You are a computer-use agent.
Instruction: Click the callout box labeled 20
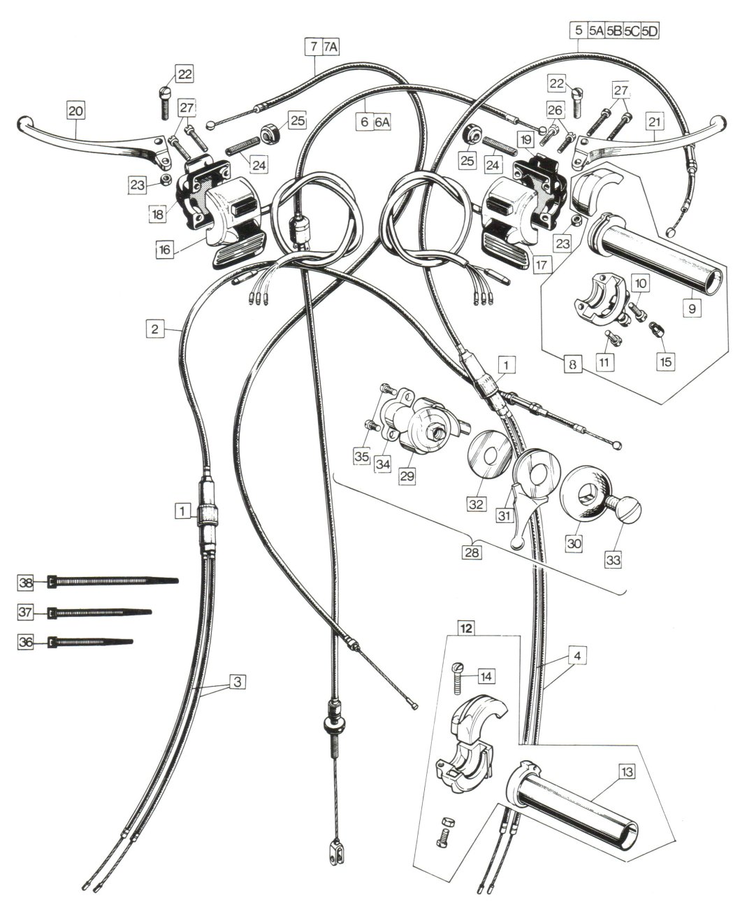pyautogui.click(x=75, y=110)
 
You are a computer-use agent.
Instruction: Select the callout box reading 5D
pyautogui.click(x=650, y=31)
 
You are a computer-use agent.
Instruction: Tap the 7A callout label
pyautogui.click(x=330, y=47)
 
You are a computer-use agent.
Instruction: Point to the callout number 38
pyautogui.click(x=26, y=583)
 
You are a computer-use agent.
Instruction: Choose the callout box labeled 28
pyautogui.click(x=472, y=552)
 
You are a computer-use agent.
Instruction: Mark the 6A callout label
pyautogui.click(x=382, y=122)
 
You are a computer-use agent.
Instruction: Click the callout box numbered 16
pyautogui.click(x=165, y=249)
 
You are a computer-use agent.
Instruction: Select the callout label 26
pyautogui.click(x=555, y=110)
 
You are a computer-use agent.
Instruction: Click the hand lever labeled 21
pyautogui.click(x=647, y=141)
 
